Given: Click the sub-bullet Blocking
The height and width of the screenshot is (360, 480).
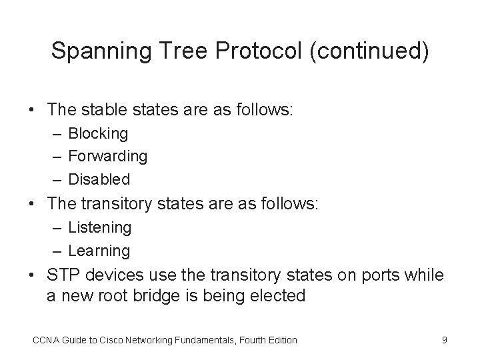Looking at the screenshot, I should pos(98,133).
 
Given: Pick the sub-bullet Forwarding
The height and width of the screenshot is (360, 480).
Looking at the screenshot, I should pos(108,156).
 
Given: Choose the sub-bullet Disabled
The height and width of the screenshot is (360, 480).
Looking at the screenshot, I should pos(99,179).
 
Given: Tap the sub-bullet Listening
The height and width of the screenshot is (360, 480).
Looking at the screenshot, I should pos(100,227).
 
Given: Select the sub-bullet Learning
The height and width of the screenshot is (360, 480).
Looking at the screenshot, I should pos(99,251).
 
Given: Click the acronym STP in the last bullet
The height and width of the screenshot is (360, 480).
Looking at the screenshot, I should pos(63,276).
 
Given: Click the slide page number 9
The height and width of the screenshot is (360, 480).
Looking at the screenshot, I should pos(445,340).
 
